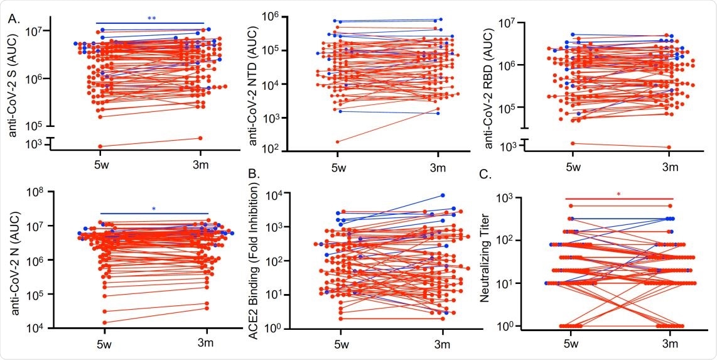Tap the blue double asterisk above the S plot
pyautogui.click(x=151, y=19)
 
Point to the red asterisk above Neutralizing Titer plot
pyautogui.click(x=618, y=194)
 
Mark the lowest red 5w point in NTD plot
pyautogui.click(x=337, y=142)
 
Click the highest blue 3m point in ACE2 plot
pyautogui.click(x=443, y=196)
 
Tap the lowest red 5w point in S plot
pyautogui.click(x=100, y=146)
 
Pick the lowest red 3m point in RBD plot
pyautogui.click(x=668, y=148)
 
